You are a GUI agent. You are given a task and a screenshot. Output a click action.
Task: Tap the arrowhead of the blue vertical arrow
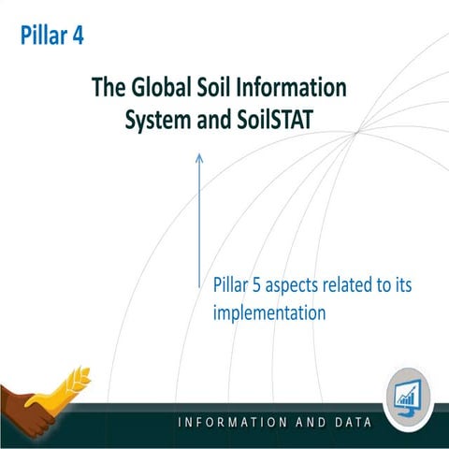198,159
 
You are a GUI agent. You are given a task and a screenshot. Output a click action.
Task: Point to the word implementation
269,312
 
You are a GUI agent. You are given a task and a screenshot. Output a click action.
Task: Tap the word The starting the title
108,88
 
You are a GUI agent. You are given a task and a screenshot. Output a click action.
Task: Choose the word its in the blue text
418,284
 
